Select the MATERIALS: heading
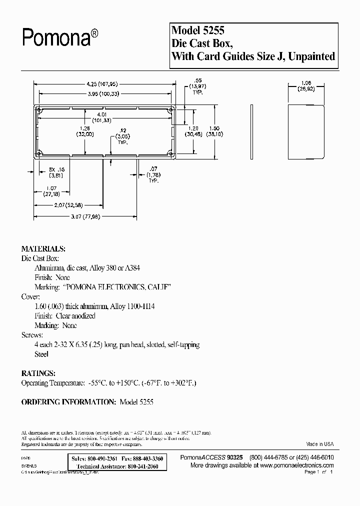click(x=43, y=248)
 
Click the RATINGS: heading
click(x=38, y=373)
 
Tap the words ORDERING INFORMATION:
click(x=69, y=401)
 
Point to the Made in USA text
click(x=319, y=444)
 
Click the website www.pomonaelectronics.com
click(x=294, y=465)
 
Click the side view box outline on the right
click(x=306, y=130)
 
